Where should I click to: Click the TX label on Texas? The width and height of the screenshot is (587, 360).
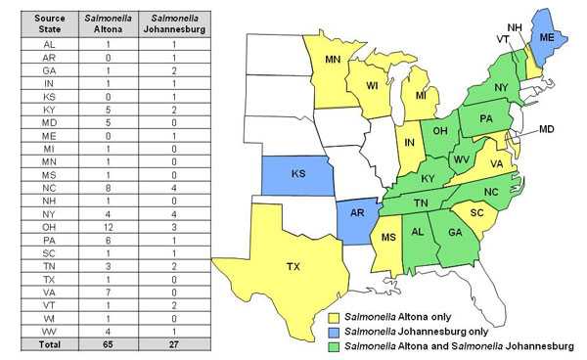(x=293, y=267)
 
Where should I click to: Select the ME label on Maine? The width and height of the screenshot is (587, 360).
(x=548, y=37)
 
